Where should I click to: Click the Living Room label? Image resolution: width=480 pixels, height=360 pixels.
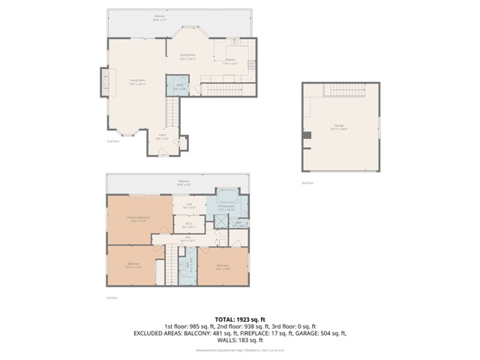[136, 80]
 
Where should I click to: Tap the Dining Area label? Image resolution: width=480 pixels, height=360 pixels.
[187, 56]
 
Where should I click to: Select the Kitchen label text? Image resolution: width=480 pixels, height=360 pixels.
[230, 61]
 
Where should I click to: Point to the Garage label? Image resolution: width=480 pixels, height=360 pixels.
[339, 127]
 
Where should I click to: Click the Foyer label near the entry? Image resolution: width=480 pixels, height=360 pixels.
[162, 137]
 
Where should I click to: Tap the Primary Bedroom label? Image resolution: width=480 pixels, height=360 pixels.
[138, 218]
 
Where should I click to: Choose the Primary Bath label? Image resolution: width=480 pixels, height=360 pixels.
[226, 208]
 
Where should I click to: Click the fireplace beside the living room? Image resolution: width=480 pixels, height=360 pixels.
[104, 82]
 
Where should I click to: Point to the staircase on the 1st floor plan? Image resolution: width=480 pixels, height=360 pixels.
[170, 262]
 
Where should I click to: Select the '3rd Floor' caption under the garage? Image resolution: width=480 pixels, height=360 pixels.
[307, 182]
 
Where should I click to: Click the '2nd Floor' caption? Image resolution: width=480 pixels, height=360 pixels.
[113, 140]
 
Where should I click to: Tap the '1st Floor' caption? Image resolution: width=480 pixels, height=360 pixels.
[112, 297]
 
